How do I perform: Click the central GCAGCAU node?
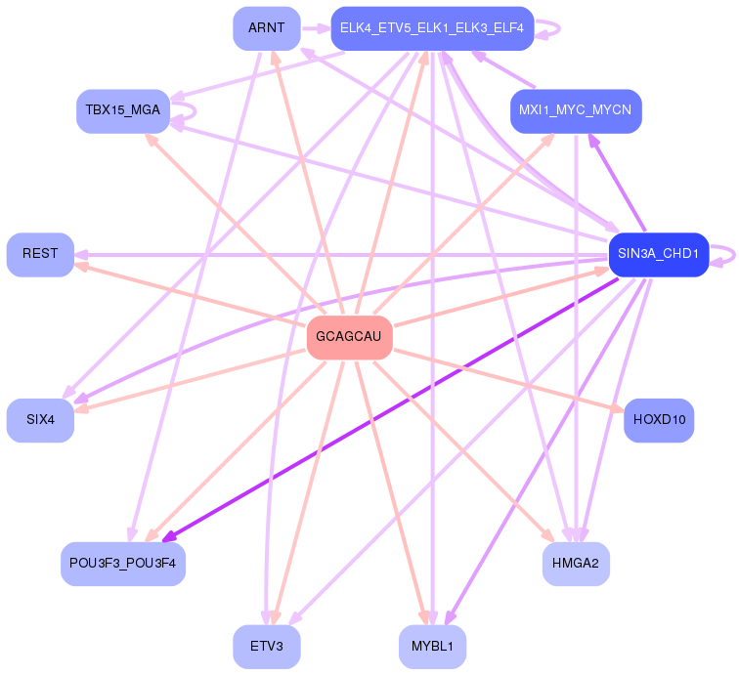(349, 337)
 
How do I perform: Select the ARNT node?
(266, 28)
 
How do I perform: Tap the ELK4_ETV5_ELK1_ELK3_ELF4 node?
(431, 28)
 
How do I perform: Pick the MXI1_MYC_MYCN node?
(576, 110)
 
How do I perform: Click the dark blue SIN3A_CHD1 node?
(658, 254)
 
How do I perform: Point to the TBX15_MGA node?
(123, 110)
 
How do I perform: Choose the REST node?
(40, 254)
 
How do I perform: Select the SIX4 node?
(40, 420)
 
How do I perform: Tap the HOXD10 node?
(659, 420)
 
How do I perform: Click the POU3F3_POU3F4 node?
(123, 564)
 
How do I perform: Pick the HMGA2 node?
(576, 564)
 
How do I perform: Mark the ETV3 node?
(266, 647)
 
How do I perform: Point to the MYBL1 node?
(432, 647)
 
